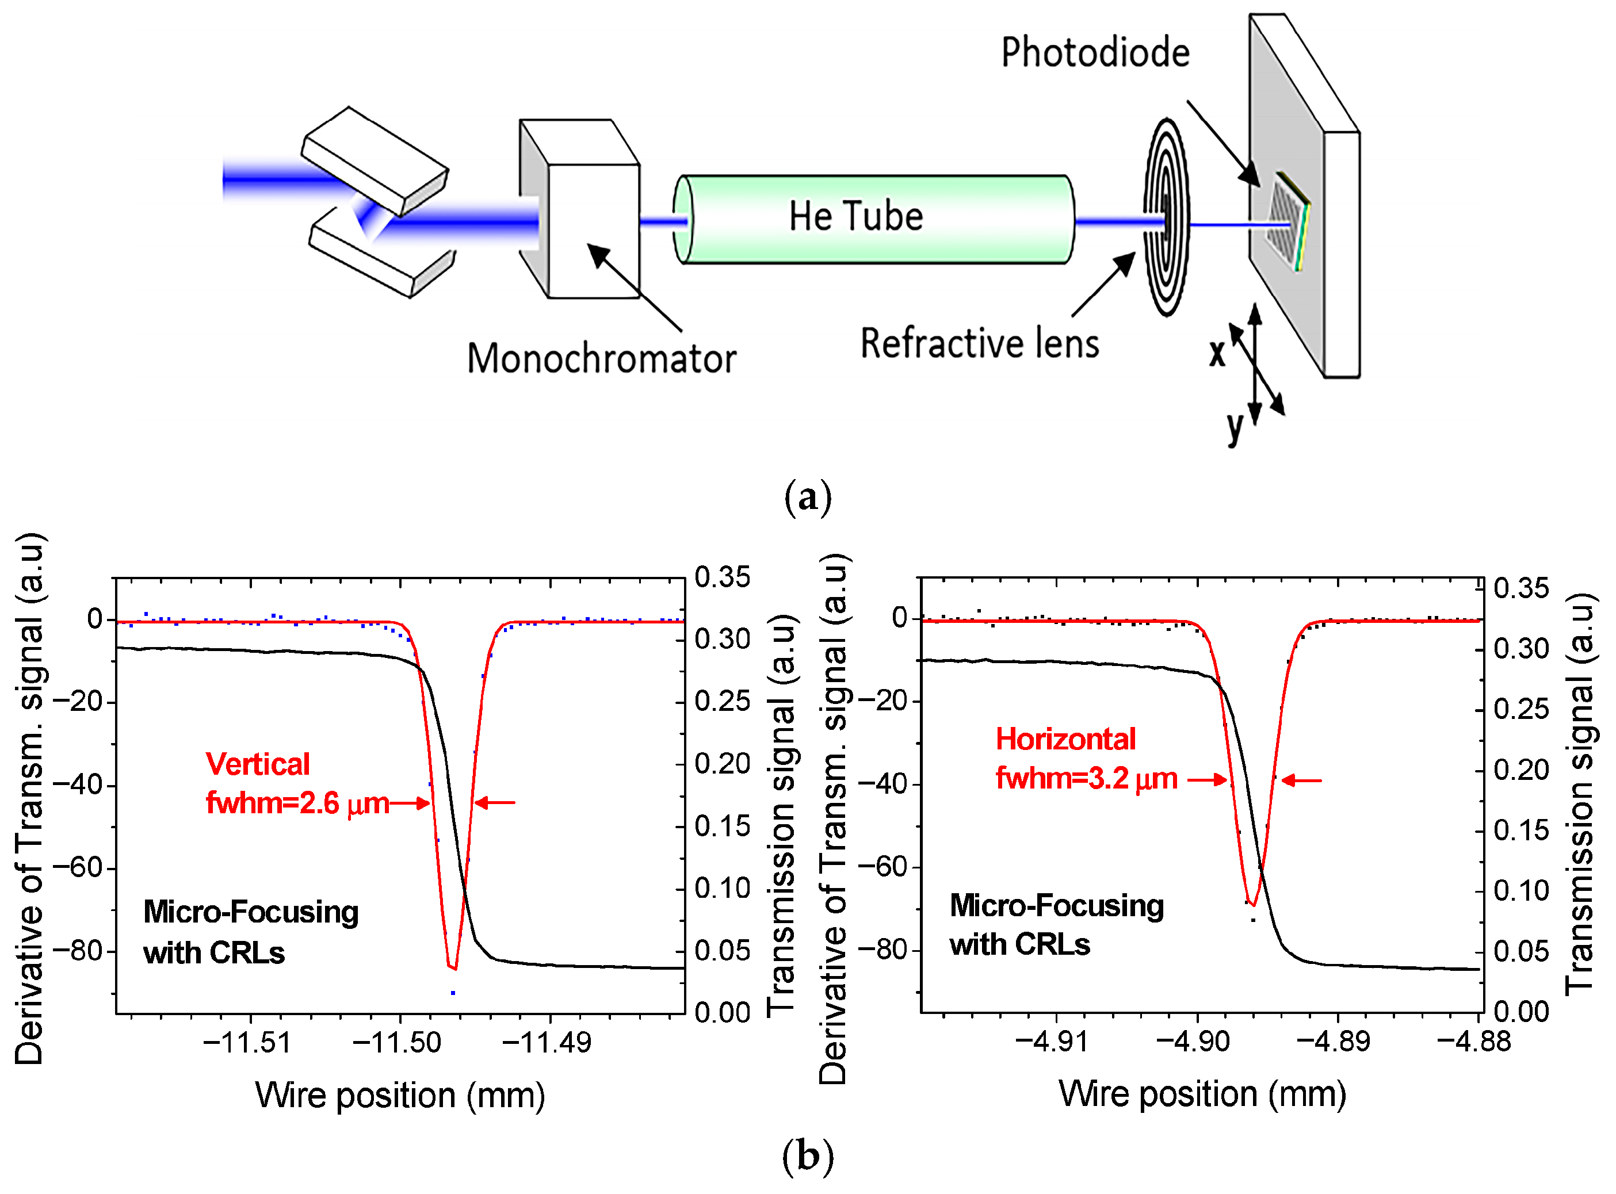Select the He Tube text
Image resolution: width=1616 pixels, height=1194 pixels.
(x=855, y=216)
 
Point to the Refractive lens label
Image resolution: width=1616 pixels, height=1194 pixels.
(x=979, y=343)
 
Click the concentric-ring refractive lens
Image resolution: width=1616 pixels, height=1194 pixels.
(x=1166, y=217)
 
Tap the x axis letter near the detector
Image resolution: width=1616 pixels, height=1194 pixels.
(x=1217, y=353)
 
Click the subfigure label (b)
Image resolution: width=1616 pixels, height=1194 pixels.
(x=808, y=1157)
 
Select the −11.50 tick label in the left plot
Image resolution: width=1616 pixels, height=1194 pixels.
(x=396, y=1043)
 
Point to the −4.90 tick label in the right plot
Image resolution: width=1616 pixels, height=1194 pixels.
(x=1193, y=1042)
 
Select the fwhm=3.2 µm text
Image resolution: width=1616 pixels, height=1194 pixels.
(x=1086, y=778)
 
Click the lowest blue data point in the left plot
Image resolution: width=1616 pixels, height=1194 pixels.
(x=453, y=993)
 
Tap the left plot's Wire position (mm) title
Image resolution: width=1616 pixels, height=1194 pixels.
(x=400, y=1096)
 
